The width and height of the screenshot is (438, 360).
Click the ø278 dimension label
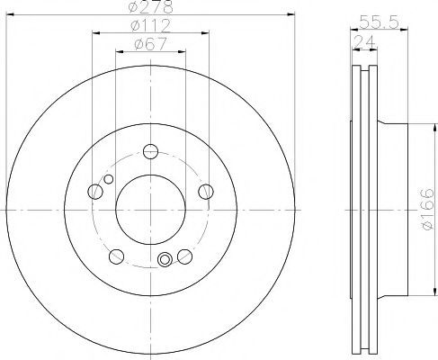coord(151,6)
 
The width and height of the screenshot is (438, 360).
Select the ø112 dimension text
coord(151,25)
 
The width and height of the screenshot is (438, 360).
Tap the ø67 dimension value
coord(151,44)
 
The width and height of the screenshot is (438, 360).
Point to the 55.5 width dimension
coord(379,22)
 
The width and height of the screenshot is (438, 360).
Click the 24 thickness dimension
coord(364,41)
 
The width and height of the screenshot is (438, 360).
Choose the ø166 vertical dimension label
coord(427,209)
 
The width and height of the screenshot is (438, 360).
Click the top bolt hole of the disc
coord(150,151)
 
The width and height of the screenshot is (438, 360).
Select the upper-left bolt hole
coord(95,192)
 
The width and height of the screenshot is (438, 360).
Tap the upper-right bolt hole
coord(206,192)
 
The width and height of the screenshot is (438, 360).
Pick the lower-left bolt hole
coord(116,256)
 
